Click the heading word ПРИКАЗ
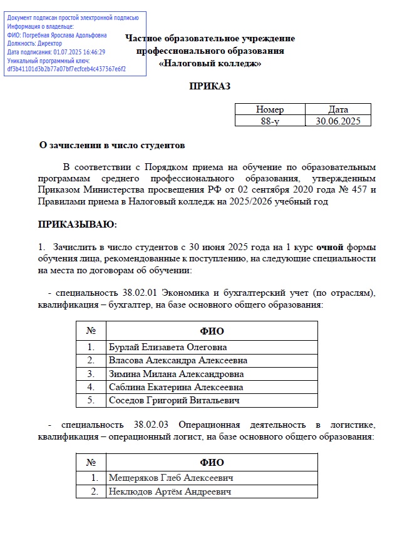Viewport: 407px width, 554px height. click(x=210, y=86)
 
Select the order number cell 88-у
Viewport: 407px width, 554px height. click(x=270, y=121)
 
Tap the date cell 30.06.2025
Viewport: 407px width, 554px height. click(x=338, y=121)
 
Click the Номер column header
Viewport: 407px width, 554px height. click(x=270, y=109)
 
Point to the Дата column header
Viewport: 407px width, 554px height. click(x=338, y=109)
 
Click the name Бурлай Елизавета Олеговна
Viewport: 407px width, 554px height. click(x=168, y=347)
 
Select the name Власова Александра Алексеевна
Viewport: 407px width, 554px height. click(x=178, y=360)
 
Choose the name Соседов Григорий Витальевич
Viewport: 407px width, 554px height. click(x=173, y=400)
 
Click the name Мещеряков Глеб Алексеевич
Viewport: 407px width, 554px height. click(x=171, y=478)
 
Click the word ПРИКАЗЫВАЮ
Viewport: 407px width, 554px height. click(x=78, y=224)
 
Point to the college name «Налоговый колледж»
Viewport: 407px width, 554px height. click(x=210, y=63)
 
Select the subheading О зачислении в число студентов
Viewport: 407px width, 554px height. click(x=113, y=146)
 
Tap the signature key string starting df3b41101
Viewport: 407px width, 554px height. click(x=66, y=69)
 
